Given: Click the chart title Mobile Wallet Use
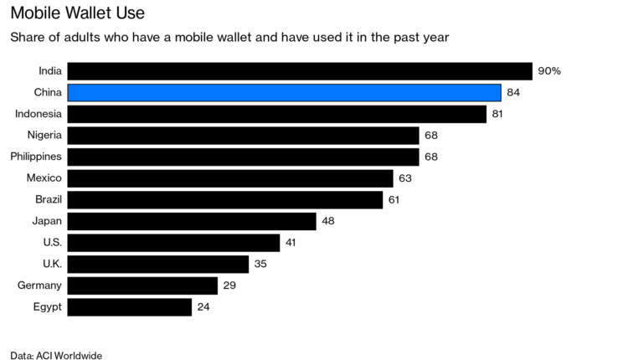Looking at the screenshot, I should [71, 13].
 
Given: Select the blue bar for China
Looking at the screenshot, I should [284, 92].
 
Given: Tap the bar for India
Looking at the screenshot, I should [300, 71].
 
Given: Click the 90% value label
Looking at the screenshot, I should [549, 71].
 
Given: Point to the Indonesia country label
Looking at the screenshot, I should [38, 113].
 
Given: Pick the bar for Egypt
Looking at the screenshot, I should [129, 307].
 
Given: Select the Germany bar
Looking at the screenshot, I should [142, 285].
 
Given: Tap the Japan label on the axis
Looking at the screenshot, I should [45, 221].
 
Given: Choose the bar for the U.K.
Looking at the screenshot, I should [157, 265].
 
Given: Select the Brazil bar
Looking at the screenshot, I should [224, 199].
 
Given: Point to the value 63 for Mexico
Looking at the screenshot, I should [406, 178].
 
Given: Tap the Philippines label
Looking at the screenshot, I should [35, 157].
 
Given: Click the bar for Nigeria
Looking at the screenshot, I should [243, 135].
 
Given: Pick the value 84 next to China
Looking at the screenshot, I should [514, 92].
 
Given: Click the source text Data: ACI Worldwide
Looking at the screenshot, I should [56, 356].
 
